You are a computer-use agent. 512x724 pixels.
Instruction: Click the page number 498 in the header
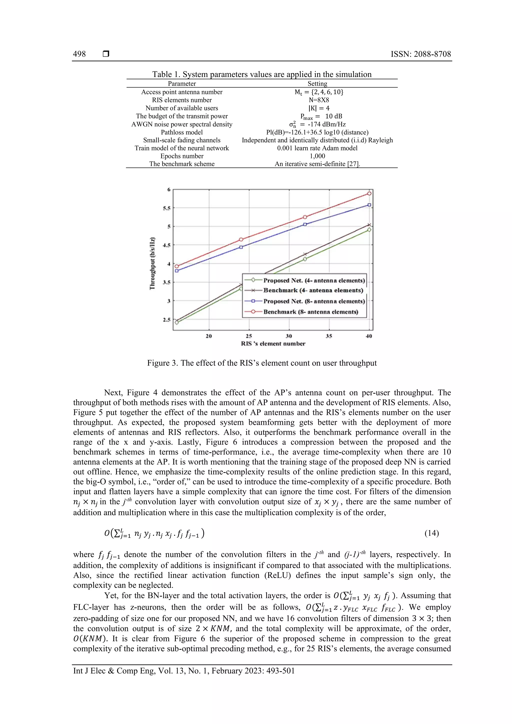click(x=79, y=54)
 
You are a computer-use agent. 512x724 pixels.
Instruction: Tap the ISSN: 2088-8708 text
click(x=420, y=54)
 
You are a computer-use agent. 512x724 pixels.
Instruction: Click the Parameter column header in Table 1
click(x=182, y=83)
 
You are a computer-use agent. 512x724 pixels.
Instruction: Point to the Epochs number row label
click(x=182, y=156)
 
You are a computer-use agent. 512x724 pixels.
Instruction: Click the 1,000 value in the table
click(x=317, y=156)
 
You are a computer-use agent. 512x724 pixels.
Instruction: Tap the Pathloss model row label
click(x=182, y=132)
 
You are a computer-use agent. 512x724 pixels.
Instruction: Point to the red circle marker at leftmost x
click(x=177, y=266)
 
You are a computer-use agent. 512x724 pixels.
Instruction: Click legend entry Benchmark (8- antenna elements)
click(x=311, y=312)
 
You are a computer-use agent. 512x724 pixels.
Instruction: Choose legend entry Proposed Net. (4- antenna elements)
click(x=314, y=280)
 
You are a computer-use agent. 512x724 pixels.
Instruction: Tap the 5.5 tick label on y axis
click(x=166, y=208)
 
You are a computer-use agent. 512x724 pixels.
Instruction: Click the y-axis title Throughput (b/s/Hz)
click(x=152, y=263)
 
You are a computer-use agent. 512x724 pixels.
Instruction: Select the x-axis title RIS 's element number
click(x=273, y=344)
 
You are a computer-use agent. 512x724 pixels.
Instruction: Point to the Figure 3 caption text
click(x=262, y=363)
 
